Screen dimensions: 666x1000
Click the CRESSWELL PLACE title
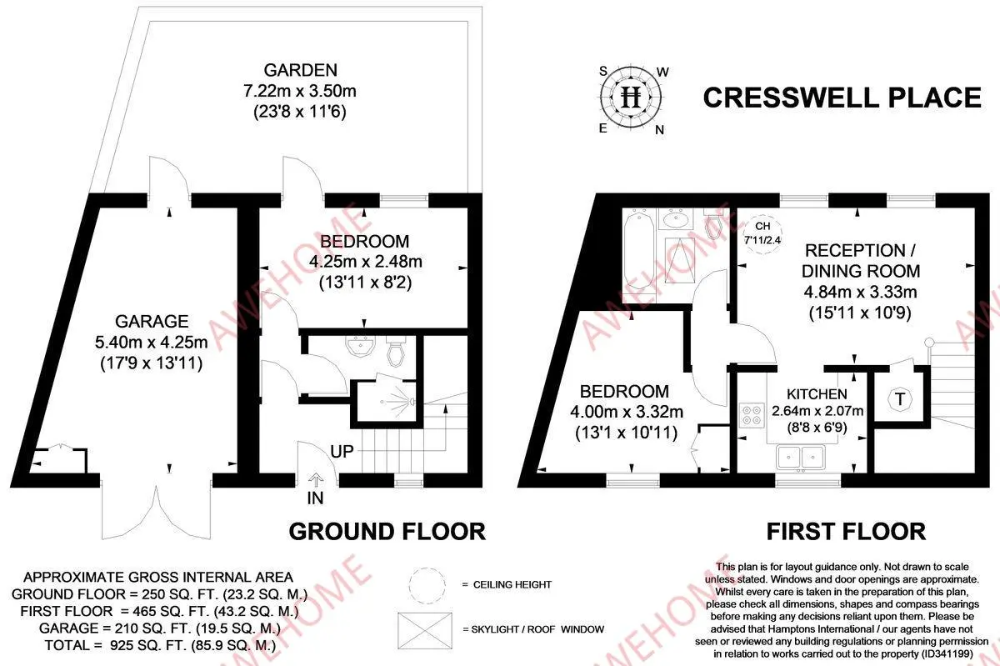coord(842,98)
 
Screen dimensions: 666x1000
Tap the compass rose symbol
coord(632,98)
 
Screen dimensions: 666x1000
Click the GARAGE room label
coord(152,321)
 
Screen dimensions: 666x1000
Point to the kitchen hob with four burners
coord(750,414)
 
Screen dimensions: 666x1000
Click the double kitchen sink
coord(800,456)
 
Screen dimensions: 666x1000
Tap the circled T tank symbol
coord(899,399)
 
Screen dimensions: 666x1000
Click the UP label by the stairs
coord(342,452)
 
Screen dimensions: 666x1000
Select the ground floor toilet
coord(397,353)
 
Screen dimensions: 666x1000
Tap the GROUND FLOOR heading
coord(387,531)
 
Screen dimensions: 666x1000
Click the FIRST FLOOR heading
coord(846,531)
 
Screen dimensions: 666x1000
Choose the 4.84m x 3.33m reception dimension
coord(861,293)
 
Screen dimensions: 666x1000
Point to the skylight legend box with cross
coord(429,628)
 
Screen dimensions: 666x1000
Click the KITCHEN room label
coord(817,394)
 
